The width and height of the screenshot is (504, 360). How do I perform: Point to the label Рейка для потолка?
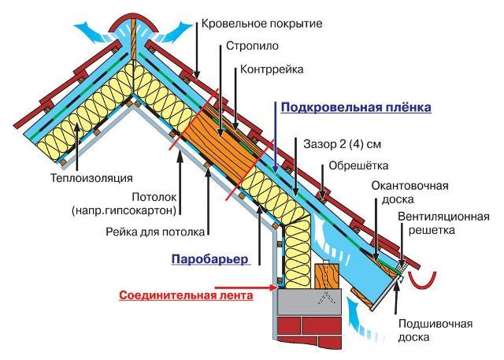[x=155, y=232]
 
